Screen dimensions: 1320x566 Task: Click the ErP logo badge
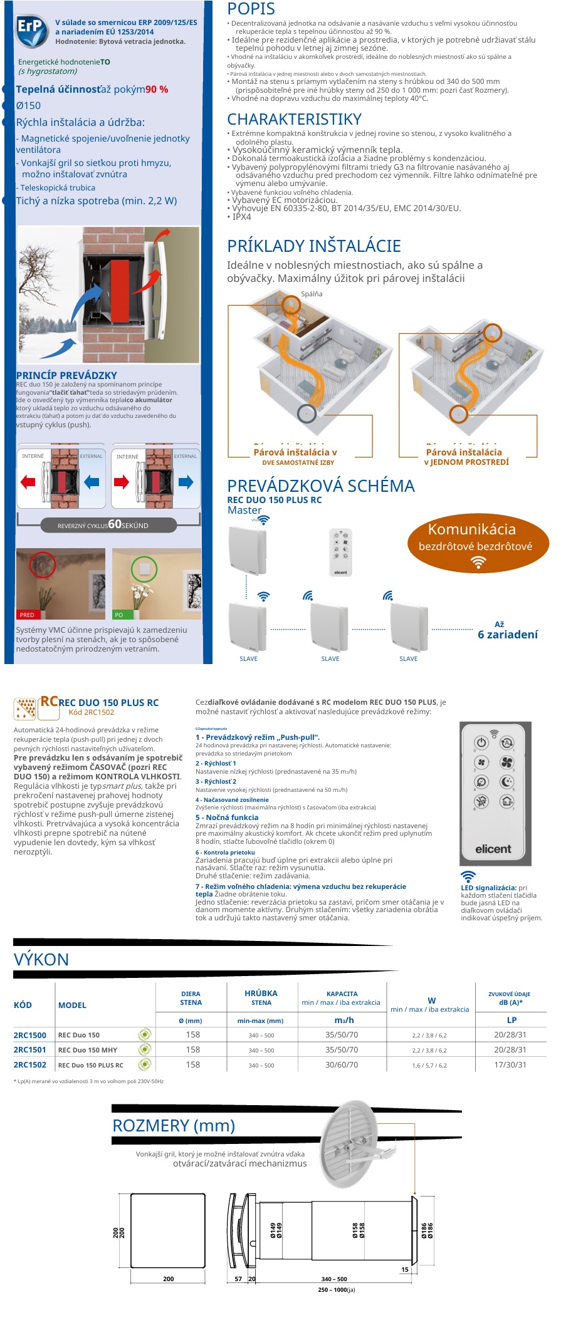click(31, 31)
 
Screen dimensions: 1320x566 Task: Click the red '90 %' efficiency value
click(157, 90)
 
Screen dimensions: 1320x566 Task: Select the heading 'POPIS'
click(251, 9)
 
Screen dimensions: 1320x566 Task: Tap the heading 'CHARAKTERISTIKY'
click(294, 119)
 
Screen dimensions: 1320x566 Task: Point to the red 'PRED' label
click(27, 615)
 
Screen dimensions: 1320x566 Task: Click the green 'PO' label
click(119, 615)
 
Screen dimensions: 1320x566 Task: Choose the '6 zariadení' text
click(508, 634)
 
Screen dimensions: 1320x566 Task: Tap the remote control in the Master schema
click(340, 552)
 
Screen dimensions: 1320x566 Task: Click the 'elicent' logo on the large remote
click(493, 849)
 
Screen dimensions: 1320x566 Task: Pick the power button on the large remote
click(481, 742)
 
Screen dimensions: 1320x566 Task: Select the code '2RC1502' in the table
click(30, 1064)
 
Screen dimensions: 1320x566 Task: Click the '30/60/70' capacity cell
click(342, 1064)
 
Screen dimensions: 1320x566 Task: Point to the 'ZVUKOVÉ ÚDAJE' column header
click(509, 994)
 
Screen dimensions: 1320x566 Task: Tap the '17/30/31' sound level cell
click(510, 1064)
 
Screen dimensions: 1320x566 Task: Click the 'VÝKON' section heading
click(41, 959)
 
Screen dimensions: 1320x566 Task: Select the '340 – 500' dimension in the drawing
click(334, 1279)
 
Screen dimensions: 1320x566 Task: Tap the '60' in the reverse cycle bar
click(115, 524)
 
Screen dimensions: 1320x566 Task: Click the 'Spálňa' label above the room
click(312, 294)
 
